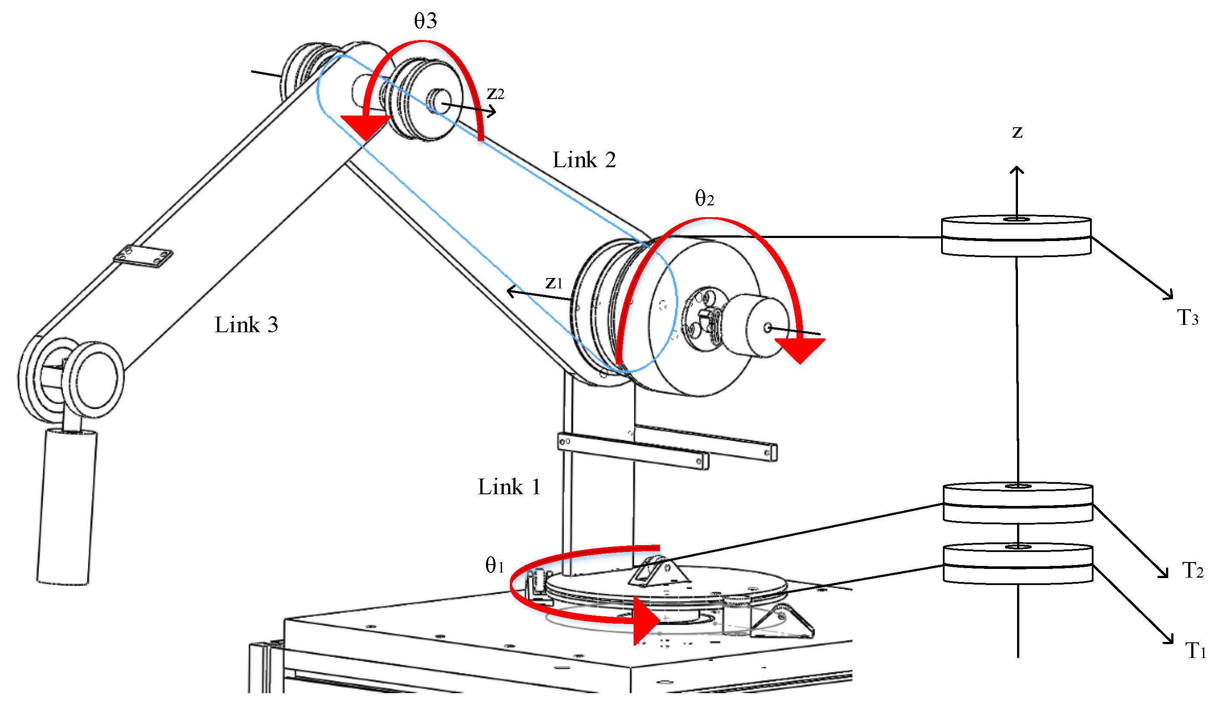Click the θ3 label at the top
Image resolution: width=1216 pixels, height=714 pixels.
(426, 21)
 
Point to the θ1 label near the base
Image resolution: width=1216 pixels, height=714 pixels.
(495, 565)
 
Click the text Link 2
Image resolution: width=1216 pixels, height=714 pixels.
(584, 160)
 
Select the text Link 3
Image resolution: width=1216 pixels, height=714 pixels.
(246, 325)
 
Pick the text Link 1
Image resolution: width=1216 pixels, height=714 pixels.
(509, 487)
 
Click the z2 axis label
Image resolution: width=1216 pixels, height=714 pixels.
(496, 93)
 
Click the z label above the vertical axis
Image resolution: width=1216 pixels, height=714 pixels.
(1017, 132)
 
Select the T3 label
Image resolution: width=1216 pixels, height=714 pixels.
(1187, 318)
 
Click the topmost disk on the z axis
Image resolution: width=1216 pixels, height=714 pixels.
(1016, 236)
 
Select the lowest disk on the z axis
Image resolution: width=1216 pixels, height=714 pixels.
(1018, 563)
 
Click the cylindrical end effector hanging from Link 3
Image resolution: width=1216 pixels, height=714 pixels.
(66, 506)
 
